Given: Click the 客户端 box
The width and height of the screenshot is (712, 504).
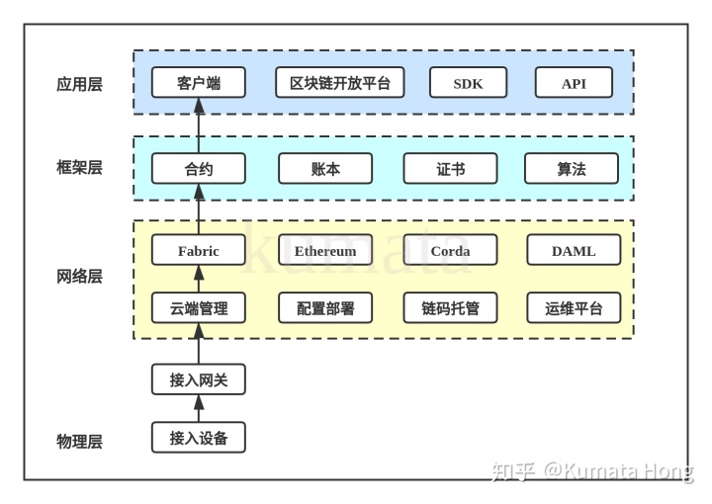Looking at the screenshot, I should coord(198,82).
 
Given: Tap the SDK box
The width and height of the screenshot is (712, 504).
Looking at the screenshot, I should coord(468,83).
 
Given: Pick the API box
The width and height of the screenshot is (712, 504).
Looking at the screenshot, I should coord(574,83).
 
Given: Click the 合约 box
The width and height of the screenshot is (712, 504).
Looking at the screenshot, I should coord(198,168).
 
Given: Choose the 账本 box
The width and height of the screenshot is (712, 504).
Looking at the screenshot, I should coord(325,168).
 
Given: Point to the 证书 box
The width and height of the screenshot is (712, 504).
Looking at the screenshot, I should coord(450,168).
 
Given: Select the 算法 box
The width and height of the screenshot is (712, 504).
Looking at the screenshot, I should coord(571,168).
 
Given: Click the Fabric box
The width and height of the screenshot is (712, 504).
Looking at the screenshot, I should coord(198,250).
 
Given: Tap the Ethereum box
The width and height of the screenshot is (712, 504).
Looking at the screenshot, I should coord(325,250).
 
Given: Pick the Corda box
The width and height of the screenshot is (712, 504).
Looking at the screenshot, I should coord(450,250).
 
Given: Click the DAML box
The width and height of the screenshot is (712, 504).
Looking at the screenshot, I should coord(574,250).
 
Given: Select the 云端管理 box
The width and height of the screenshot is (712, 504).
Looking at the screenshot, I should coord(198,308).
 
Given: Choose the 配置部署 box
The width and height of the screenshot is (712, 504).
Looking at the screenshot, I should coord(325,308).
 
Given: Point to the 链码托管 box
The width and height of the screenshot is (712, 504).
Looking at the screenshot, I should coord(450,308).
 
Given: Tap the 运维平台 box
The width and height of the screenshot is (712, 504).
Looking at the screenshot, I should coord(574,308).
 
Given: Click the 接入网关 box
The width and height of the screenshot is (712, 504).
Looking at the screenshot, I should coord(198,378).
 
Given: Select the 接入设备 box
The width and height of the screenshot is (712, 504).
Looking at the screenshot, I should coord(198,437).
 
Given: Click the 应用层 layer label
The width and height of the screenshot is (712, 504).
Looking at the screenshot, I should coord(79,84).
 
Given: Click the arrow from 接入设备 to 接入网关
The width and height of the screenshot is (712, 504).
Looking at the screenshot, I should coord(199,407).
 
